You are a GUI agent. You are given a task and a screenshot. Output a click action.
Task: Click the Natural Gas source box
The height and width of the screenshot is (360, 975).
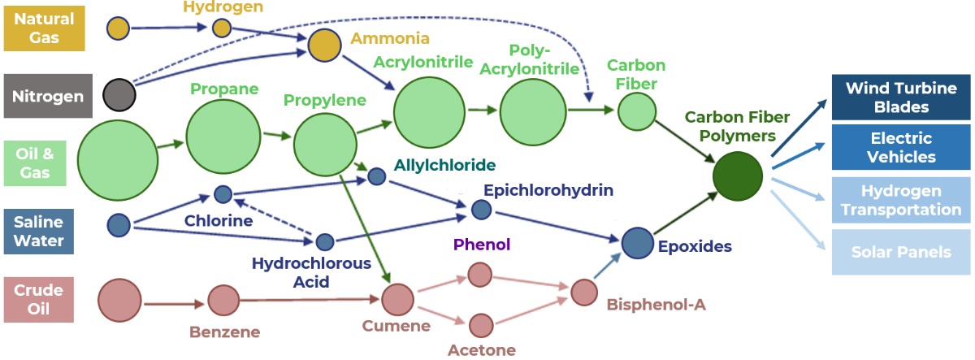pyautogui.click(x=43, y=28)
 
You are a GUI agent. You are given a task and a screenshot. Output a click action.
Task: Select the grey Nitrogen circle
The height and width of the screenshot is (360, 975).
pyautogui.click(x=119, y=96)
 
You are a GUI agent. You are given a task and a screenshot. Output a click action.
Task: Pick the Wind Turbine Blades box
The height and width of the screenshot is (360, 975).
pyautogui.click(x=900, y=98)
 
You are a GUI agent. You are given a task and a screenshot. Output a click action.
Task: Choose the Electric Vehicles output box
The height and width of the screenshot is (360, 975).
pyautogui.click(x=900, y=147)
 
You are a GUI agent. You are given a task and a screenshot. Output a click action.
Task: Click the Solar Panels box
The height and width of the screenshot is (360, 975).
pyautogui.click(x=900, y=252)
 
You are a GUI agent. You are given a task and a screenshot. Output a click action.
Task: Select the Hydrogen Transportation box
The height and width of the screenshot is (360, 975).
pyautogui.click(x=900, y=200)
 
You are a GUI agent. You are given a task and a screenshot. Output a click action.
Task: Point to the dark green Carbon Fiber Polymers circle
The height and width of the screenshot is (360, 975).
pyautogui.click(x=738, y=176)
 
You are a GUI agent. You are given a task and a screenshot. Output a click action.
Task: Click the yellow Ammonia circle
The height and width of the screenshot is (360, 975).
pyautogui.click(x=324, y=46)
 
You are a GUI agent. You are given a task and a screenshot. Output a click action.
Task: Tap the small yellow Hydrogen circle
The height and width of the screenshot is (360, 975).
pyautogui.click(x=222, y=28)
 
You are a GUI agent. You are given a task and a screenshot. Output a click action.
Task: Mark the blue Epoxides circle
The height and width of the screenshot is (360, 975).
pyautogui.click(x=638, y=243)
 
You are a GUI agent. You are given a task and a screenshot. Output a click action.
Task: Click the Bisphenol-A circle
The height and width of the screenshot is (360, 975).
pyautogui.click(x=584, y=292)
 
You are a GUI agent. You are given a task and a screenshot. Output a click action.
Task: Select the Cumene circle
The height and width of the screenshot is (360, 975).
pyautogui.click(x=398, y=300)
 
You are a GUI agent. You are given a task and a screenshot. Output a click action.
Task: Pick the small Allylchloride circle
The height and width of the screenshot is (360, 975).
pyautogui.click(x=377, y=176)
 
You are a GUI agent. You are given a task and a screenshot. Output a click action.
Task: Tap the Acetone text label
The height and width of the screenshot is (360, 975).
pyautogui.click(x=481, y=350)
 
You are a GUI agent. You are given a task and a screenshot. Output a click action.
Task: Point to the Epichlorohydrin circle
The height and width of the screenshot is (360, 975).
pyautogui.click(x=481, y=210)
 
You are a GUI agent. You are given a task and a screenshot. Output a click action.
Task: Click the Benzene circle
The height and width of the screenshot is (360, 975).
pyautogui.click(x=223, y=301)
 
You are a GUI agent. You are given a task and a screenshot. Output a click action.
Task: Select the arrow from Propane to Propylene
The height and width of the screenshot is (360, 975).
pyautogui.click(x=276, y=135)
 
